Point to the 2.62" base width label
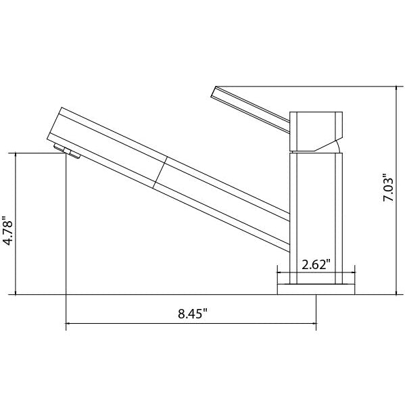coord(316,264)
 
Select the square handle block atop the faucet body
coord(316,130)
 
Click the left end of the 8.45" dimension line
coord(66,325)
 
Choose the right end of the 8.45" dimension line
coord(316,325)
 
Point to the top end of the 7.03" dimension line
coord(396,87)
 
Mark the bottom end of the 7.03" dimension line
coord(396,295)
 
